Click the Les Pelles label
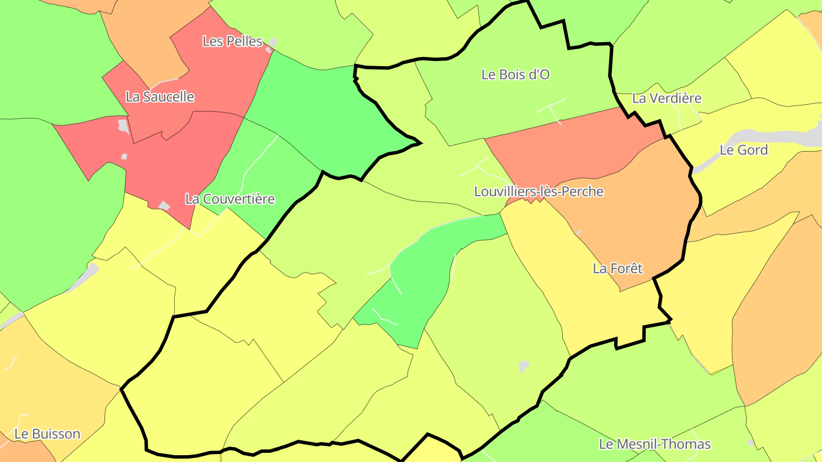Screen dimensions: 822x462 [233, 41]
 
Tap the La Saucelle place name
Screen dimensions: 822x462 [160, 97]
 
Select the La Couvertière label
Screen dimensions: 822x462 [230, 199]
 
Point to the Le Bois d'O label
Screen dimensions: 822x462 [515, 74]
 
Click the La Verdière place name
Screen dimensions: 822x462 [667, 98]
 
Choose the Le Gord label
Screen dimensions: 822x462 [744, 150]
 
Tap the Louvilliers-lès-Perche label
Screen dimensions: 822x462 [539, 191]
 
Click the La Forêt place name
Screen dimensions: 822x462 [618, 268]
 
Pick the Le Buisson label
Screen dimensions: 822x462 [47, 433]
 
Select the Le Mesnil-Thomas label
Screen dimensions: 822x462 [655, 444]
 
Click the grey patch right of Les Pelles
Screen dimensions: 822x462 [273, 43]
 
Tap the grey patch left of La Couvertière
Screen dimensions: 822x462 [164, 205]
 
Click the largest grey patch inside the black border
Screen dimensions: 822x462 [523, 366]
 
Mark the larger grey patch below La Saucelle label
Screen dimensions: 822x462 [123, 125]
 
